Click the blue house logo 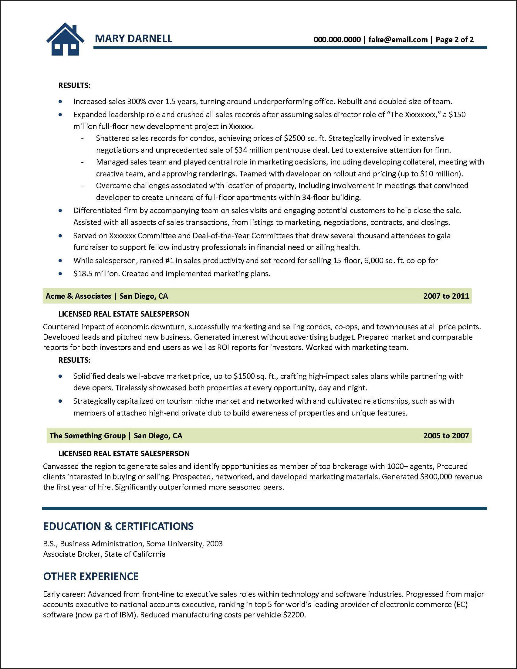coord(65,39)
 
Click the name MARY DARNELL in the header coord(133,39)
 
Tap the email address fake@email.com coord(398,39)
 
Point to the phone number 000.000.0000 coord(337,39)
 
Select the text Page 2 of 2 coord(454,39)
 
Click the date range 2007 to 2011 coord(446,296)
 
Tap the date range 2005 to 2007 coord(446,436)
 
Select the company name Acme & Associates coord(78,296)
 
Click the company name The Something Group coord(88,436)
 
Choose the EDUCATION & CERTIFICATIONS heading coord(118,526)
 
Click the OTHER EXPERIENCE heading coord(91,576)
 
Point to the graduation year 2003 coord(214,544)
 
